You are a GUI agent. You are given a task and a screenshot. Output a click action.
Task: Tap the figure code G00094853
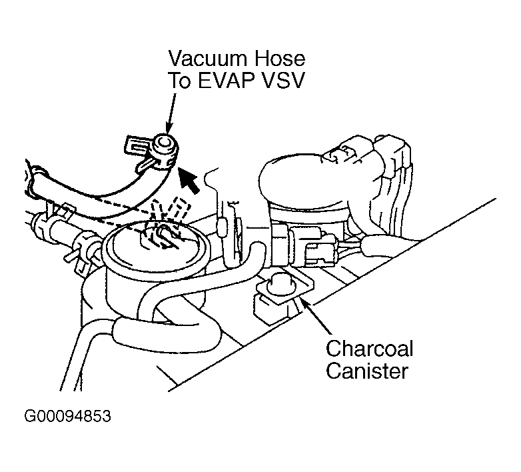(67, 418)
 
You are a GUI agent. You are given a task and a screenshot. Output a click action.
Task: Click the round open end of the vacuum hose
(161, 144)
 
